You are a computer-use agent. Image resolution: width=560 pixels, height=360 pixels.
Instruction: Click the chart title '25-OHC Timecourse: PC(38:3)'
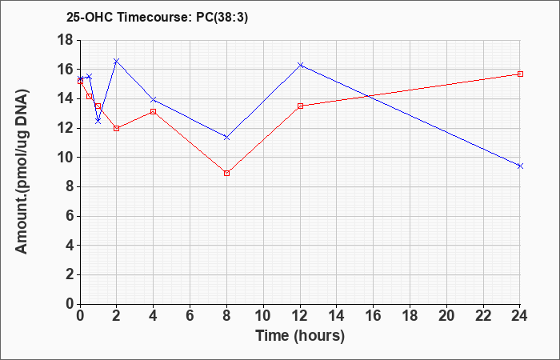[x=157, y=17]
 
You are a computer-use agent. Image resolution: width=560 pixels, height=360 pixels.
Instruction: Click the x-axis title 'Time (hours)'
[x=300, y=336]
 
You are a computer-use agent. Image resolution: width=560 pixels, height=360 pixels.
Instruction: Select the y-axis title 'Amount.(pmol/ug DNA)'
[x=22, y=172]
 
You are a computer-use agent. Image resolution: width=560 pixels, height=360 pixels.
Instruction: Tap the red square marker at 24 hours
[x=520, y=74]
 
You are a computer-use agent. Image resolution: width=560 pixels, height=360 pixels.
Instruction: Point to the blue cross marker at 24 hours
[x=520, y=166]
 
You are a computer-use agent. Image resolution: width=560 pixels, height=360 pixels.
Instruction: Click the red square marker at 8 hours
[x=226, y=174]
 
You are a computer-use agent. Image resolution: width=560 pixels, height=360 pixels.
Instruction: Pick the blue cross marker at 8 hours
[x=226, y=137]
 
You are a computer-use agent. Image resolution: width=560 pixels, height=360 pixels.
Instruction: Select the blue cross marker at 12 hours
[x=300, y=65]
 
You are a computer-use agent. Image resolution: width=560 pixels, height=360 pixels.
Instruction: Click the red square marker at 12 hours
[x=300, y=106]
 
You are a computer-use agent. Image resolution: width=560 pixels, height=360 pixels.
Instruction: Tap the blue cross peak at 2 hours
[x=117, y=61]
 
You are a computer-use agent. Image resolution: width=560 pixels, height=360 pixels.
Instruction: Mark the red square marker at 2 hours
[x=117, y=128]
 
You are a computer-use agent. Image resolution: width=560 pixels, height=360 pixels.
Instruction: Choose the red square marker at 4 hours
[x=154, y=112]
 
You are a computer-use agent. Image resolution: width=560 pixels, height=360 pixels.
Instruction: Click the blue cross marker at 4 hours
[x=154, y=100]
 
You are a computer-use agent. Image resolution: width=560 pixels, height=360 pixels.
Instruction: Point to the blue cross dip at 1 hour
[x=98, y=122]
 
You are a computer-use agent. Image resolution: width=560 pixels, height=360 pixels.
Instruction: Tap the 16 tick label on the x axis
[x=374, y=316]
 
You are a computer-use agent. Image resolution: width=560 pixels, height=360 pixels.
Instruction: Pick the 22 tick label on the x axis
[x=483, y=316]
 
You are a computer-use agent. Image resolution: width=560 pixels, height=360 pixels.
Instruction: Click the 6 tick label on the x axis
[x=190, y=316]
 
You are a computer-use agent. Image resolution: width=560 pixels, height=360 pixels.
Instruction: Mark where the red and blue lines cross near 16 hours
[x=370, y=96]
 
